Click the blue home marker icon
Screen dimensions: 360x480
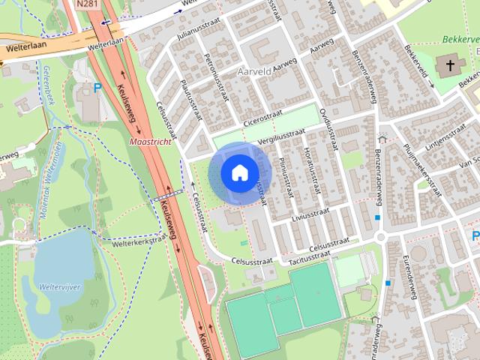pyautogui.click(x=238, y=173)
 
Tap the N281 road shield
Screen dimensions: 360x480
pyautogui.click(x=87, y=4)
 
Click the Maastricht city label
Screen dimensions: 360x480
pyautogui.click(x=151, y=140)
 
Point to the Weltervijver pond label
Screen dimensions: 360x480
pyautogui.click(x=42, y=286)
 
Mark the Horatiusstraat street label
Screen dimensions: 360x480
pyautogui.click(x=310, y=173)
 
